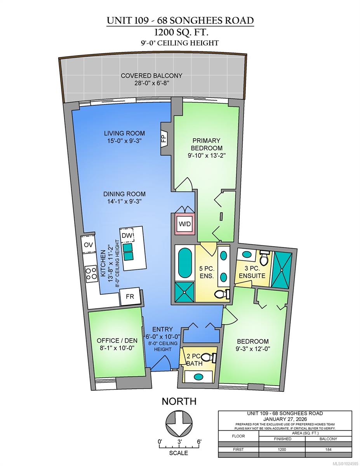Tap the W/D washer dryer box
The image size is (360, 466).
(185, 224)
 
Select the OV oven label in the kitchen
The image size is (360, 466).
(88, 245)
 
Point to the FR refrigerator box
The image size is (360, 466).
(130, 297)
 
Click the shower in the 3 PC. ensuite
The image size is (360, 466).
(282, 270)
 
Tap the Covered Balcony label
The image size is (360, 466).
(151, 76)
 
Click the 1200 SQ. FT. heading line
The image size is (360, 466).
(181, 33)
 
